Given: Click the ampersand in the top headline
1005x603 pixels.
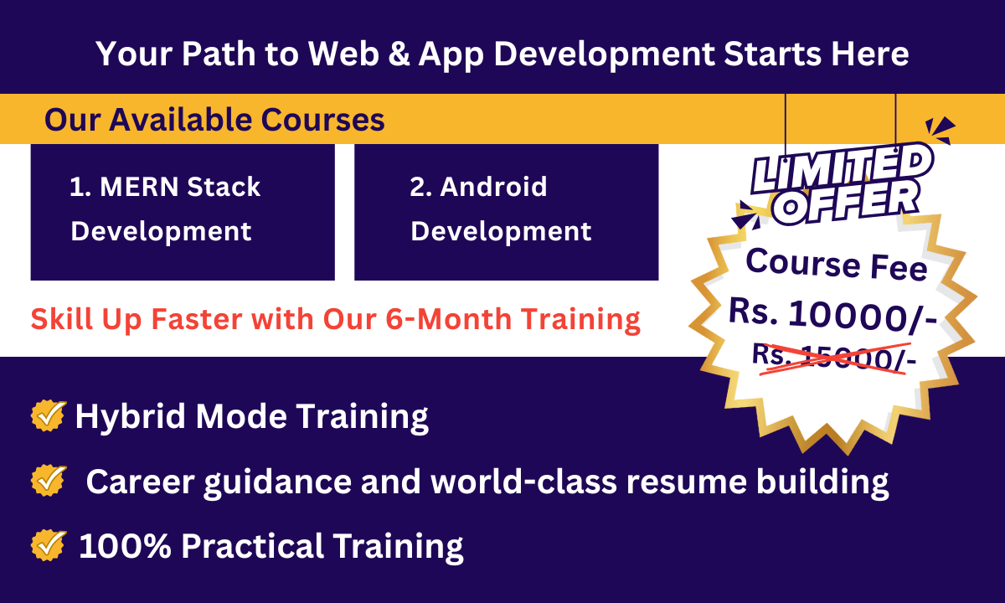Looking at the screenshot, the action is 399,54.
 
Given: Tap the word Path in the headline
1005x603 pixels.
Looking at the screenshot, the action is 219,54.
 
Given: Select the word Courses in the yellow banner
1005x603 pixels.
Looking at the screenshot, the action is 322,120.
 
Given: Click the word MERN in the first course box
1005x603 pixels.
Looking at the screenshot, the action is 139,187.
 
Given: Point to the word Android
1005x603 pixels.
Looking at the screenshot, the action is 493,186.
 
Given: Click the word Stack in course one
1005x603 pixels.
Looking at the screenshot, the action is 224,186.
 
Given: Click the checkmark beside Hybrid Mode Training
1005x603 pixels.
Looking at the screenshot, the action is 49,415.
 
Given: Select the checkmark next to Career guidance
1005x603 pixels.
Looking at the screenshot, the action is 49,481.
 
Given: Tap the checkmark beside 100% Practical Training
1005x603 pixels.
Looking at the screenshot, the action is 49,545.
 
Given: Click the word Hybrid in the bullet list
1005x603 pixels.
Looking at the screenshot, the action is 130,417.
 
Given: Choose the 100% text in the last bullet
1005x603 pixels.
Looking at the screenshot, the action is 125,546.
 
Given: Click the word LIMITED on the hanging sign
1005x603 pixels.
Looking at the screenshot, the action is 841,168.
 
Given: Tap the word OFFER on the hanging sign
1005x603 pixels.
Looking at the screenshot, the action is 846,204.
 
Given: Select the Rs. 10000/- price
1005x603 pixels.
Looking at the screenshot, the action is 833,316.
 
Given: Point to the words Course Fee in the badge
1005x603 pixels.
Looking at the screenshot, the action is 837,265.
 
